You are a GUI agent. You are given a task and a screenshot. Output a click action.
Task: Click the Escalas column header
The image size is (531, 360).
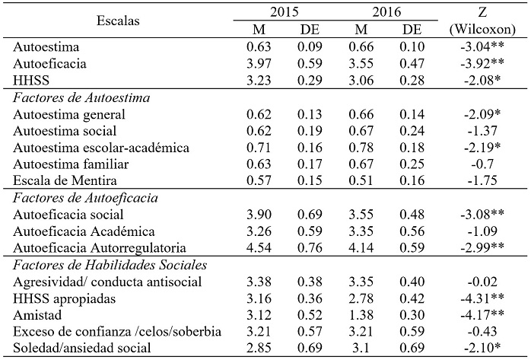click(x=119, y=21)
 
